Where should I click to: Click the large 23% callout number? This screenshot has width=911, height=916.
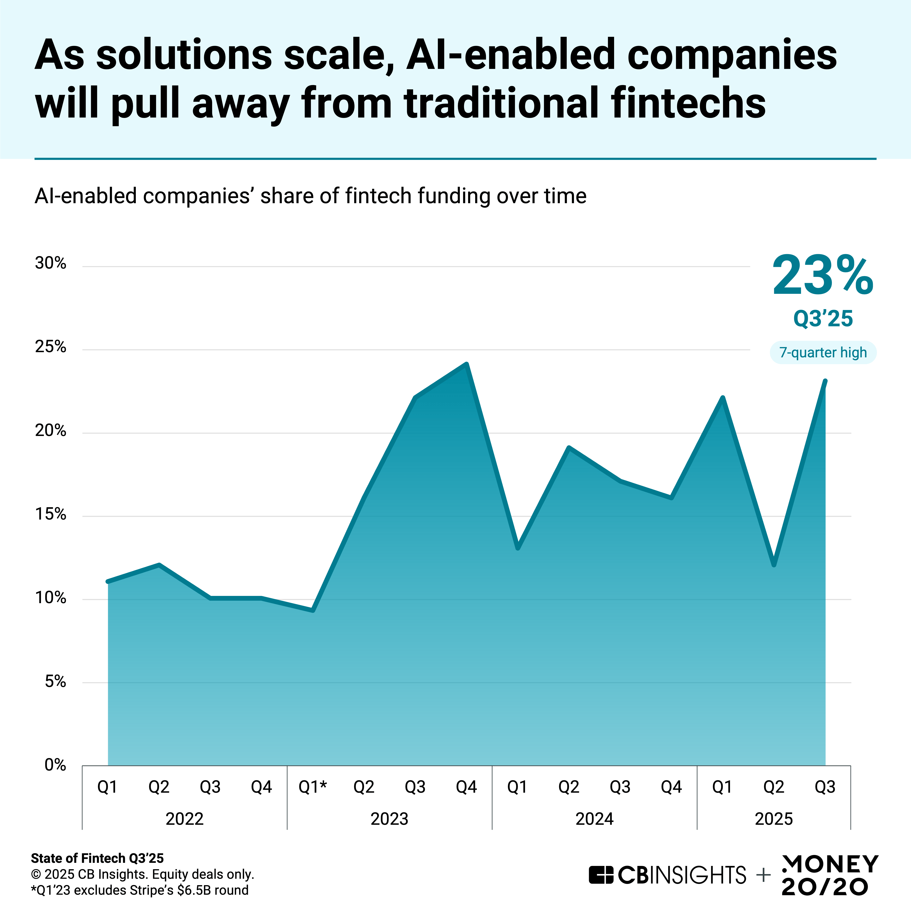[x=822, y=276]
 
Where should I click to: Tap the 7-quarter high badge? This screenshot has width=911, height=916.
[x=823, y=352]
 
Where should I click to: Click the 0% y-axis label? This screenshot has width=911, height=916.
[x=55, y=765]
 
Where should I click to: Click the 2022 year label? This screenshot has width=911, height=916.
[x=184, y=819]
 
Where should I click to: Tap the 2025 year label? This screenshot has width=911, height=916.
[x=774, y=819]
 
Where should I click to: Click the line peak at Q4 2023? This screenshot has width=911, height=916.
[x=466, y=365]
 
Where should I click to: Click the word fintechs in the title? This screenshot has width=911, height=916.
[x=688, y=103]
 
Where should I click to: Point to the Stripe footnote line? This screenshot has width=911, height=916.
[x=140, y=890]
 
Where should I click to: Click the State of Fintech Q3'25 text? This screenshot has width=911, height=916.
[x=97, y=858]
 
